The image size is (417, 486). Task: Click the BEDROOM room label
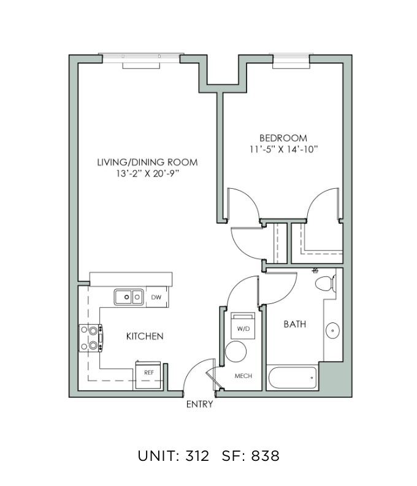coord(283,138)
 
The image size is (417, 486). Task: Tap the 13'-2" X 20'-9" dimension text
coord(148,173)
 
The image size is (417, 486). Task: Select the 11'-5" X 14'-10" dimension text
coord(284,150)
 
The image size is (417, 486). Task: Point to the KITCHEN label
coord(145,336)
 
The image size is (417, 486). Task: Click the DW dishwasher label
coord(156,297)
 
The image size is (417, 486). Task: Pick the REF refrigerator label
coord(149,373)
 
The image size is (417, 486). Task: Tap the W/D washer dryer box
coord(243,326)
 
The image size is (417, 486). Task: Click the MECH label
coord(243,376)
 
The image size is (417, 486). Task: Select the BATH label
coord(295,324)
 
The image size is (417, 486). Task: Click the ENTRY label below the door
coord(200,404)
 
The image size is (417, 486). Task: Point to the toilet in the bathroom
coord(326,283)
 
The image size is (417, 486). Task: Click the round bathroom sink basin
coord(332,330)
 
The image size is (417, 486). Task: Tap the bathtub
coord(293,378)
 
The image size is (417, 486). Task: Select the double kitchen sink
coord(129,297)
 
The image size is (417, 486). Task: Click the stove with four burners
coord(91,338)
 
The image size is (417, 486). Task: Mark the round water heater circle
coord(236,352)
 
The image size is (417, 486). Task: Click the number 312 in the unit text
coord(197,456)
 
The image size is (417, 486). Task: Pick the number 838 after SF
coord(266,456)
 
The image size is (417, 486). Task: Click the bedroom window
coord(291,61)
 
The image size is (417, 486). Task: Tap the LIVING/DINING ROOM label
coord(148,162)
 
